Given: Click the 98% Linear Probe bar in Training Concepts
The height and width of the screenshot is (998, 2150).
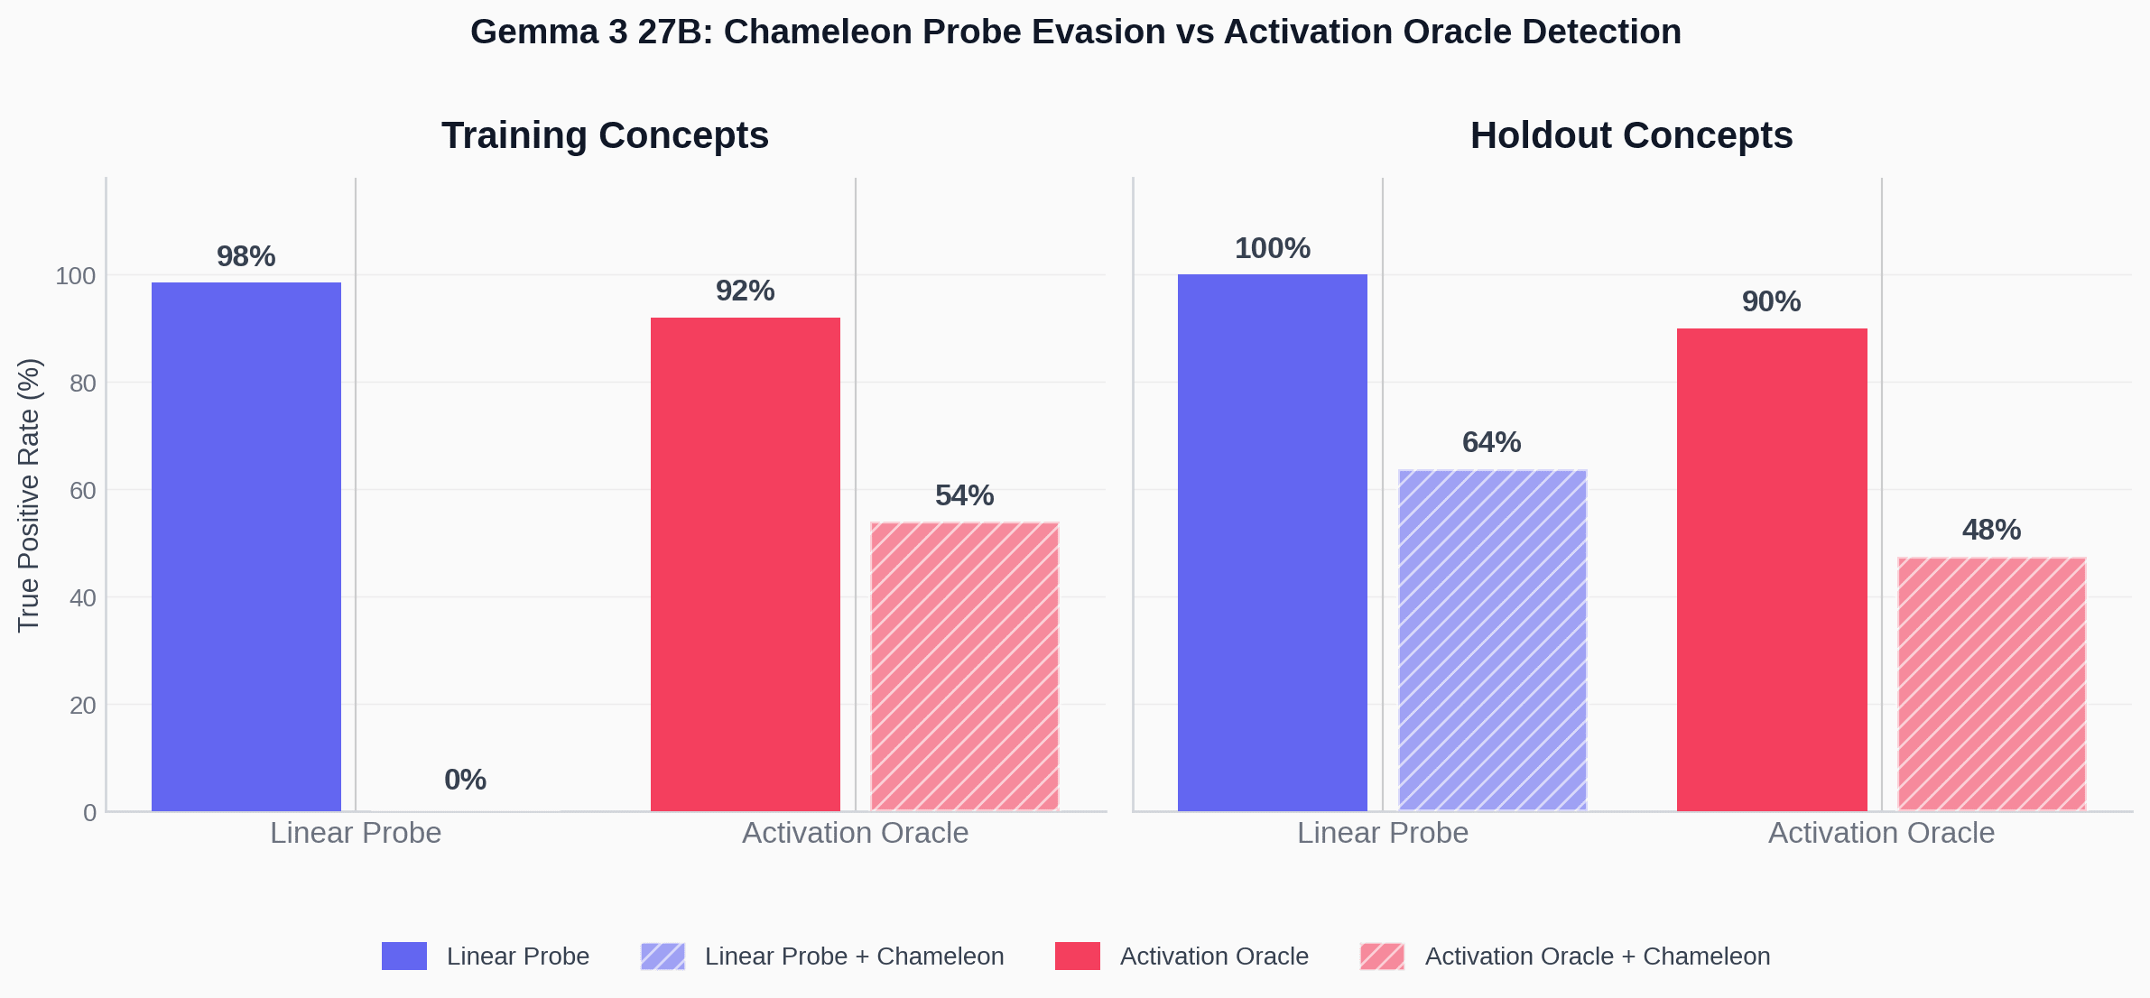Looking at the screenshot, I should [246, 546].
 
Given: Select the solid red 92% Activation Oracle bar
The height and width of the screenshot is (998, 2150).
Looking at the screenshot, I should [745, 564].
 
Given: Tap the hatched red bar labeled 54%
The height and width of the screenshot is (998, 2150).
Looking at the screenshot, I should [964, 666].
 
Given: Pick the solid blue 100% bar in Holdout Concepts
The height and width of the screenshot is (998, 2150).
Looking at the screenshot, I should [1272, 541].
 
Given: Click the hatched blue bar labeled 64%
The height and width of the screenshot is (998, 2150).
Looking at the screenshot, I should [1492, 640].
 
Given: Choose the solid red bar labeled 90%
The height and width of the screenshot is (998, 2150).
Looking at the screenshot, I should [1771, 568].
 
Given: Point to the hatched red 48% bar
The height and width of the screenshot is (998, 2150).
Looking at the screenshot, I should [1991, 683].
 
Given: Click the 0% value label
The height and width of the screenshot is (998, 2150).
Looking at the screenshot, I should [465, 780].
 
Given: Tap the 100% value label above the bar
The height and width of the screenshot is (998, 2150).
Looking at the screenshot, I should [1272, 248].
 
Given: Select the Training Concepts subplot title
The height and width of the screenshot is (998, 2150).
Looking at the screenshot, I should [605, 135].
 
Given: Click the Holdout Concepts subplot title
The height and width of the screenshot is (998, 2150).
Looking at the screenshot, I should [1631, 135].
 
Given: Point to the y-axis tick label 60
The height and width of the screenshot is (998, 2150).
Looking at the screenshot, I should [83, 490].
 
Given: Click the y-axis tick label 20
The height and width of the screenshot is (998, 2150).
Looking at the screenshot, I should [83, 705].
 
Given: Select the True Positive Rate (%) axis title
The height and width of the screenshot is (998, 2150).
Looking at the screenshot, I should [28, 494].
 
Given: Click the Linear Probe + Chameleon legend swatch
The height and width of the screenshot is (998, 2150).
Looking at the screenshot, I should [663, 956].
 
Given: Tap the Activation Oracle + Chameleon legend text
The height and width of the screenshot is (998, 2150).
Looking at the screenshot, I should [1597, 956].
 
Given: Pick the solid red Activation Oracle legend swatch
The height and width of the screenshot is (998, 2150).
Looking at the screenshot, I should [1077, 956].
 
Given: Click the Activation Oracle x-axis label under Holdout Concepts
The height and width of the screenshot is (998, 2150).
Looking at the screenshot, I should [1881, 832].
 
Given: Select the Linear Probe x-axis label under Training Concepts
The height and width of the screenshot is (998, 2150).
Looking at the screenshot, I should [356, 832].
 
